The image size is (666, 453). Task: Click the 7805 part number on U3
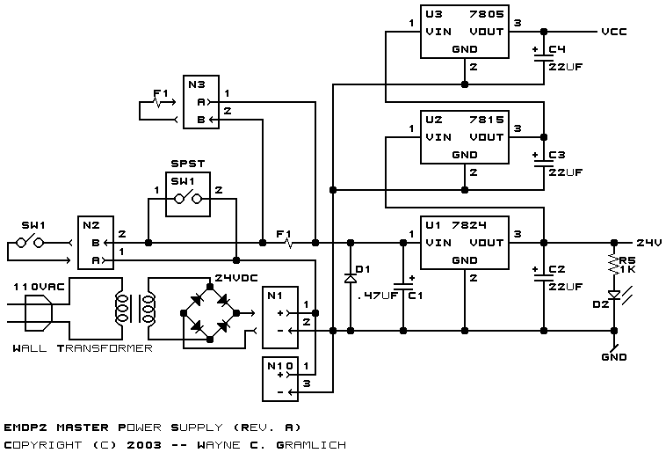pos(487,14)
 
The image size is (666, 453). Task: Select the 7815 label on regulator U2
pos(487,120)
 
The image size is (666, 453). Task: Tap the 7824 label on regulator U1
pos(469,225)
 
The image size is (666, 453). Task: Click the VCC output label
pos(614,32)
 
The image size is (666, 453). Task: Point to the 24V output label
pos(649,243)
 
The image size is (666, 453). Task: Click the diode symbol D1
pos(351,279)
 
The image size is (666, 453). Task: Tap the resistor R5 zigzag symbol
pos(614,265)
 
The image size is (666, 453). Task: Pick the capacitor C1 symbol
pos(403,286)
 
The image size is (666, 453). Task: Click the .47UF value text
pos(376,296)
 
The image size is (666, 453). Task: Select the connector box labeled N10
pos(280,379)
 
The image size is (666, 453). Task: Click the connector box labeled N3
pos(201,102)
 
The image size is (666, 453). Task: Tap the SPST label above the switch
pos(188,164)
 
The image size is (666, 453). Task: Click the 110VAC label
pos(39,287)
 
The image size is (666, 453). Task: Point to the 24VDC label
pos(236,278)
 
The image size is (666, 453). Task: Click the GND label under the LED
pos(614,357)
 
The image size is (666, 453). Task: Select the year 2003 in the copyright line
pos(144,445)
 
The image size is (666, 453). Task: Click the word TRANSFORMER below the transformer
pos(105,348)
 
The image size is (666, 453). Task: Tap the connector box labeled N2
pos(96,243)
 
